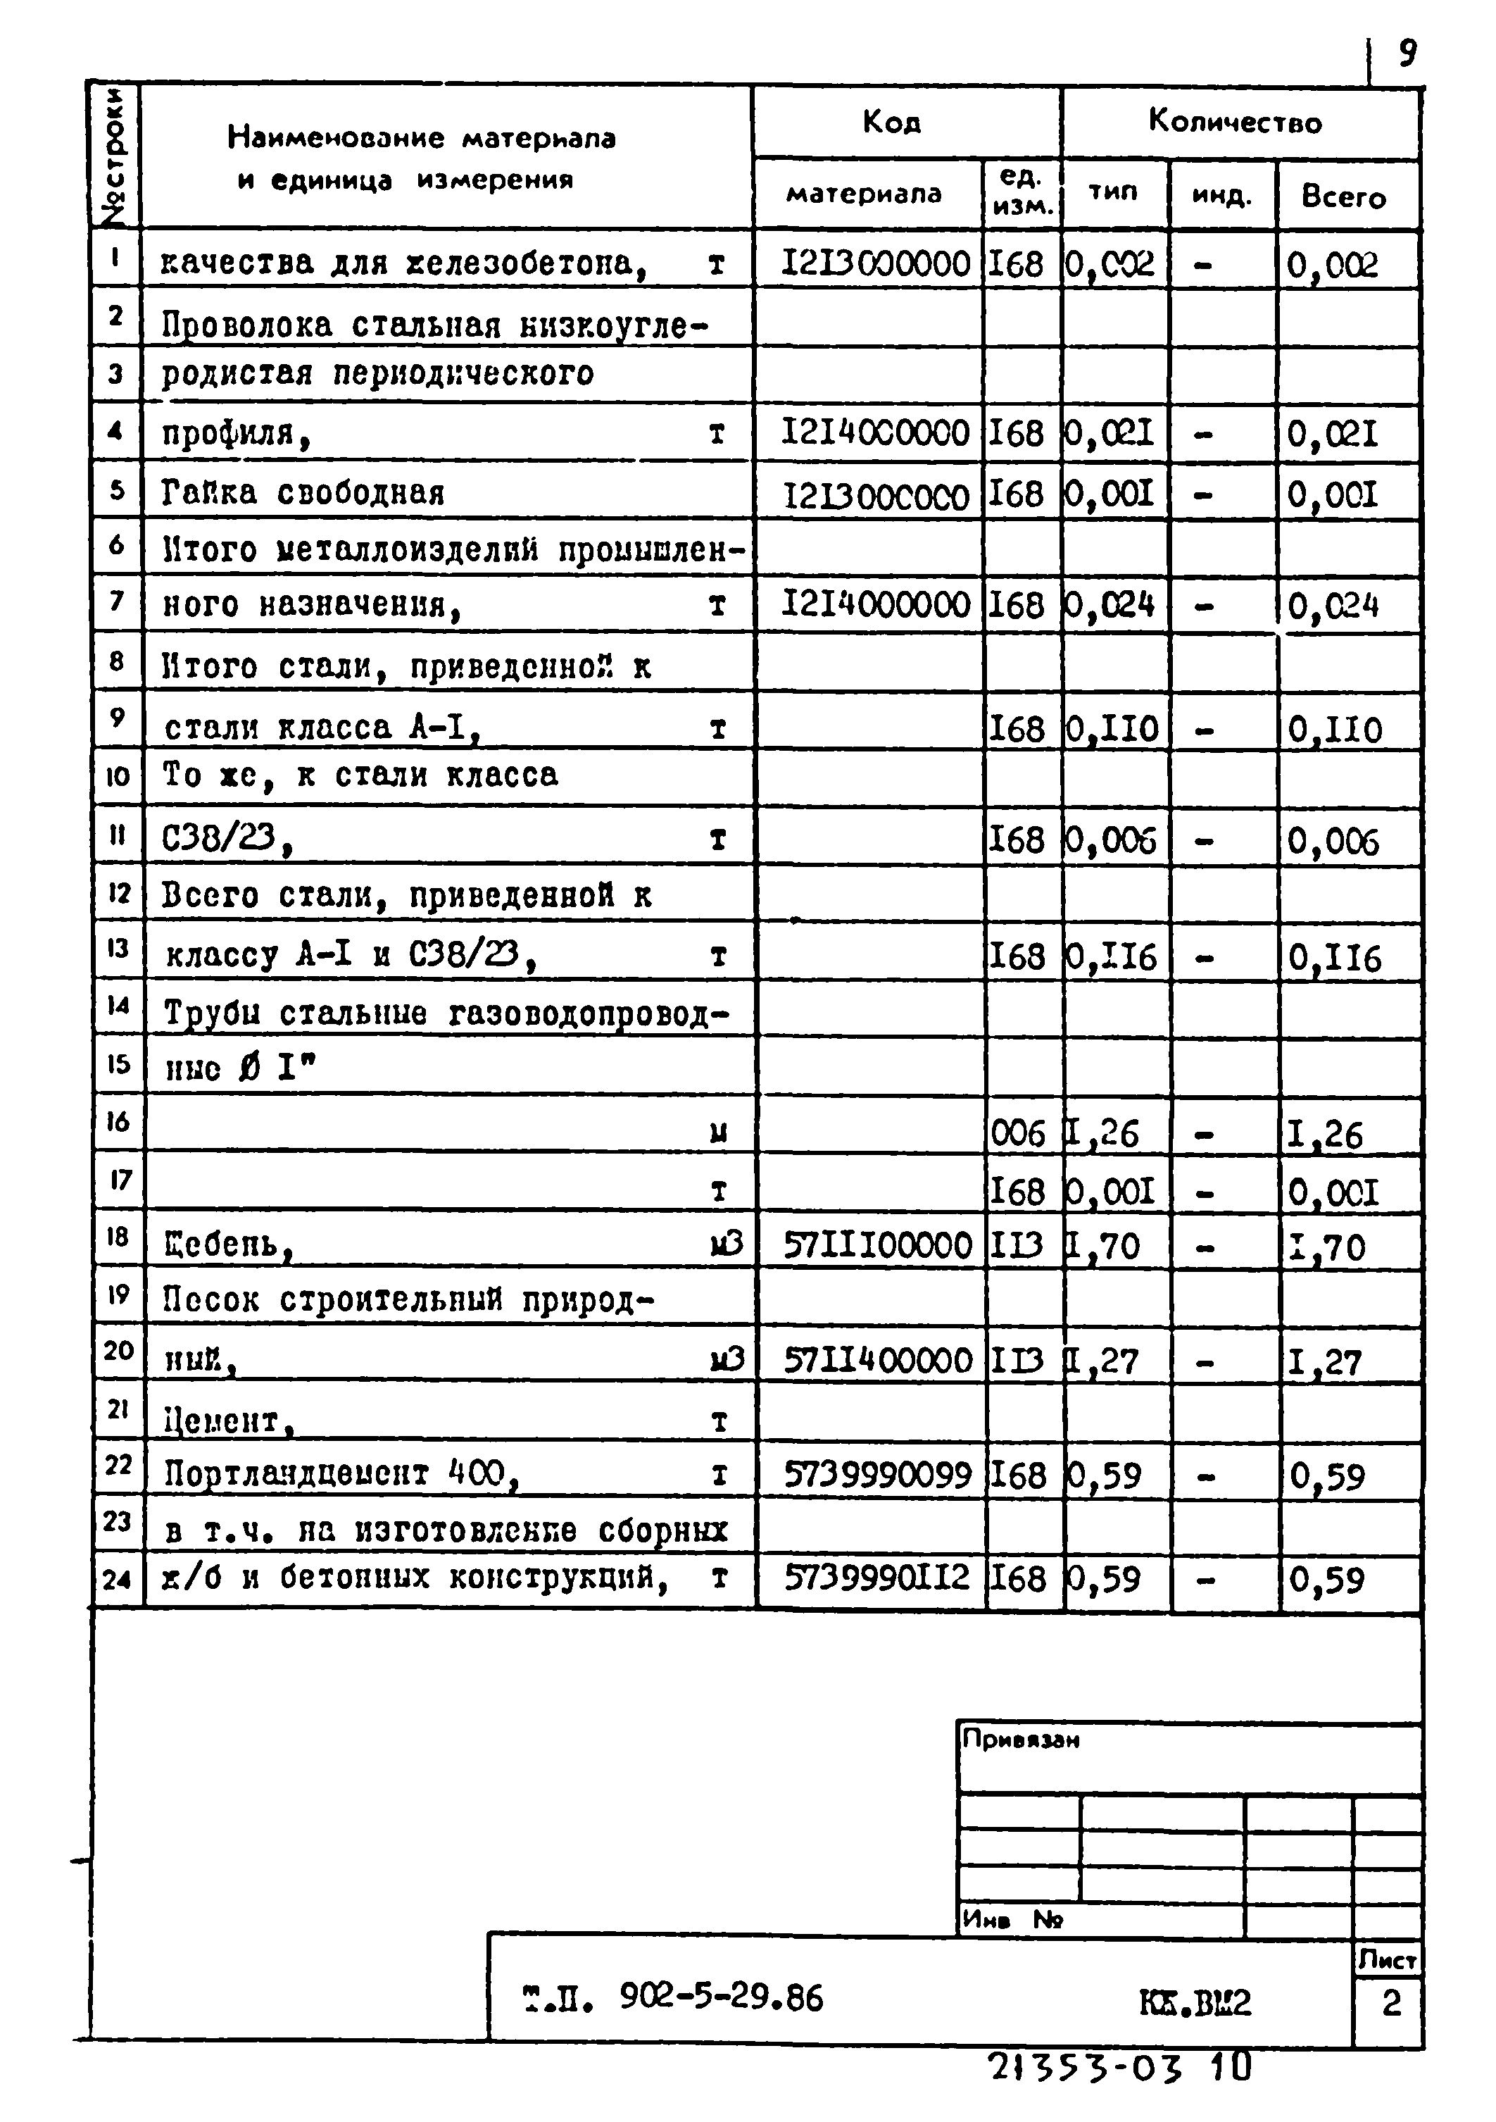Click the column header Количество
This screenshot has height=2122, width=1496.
pos(1235,121)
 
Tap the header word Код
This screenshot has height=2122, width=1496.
pos(892,121)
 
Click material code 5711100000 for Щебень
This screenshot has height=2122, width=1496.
pos(877,1246)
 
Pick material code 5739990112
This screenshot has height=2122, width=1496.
pos(877,1578)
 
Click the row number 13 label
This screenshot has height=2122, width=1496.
pos(118,949)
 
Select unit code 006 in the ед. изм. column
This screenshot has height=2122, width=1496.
pos(1017,1133)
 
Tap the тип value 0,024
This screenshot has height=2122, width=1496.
pos(1109,606)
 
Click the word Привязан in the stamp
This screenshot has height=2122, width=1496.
pos(1020,1740)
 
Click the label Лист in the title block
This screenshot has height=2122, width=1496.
pos(1387,1959)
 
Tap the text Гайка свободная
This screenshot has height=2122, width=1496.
pos(302,492)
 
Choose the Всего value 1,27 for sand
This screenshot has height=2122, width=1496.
pos(1325,1362)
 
